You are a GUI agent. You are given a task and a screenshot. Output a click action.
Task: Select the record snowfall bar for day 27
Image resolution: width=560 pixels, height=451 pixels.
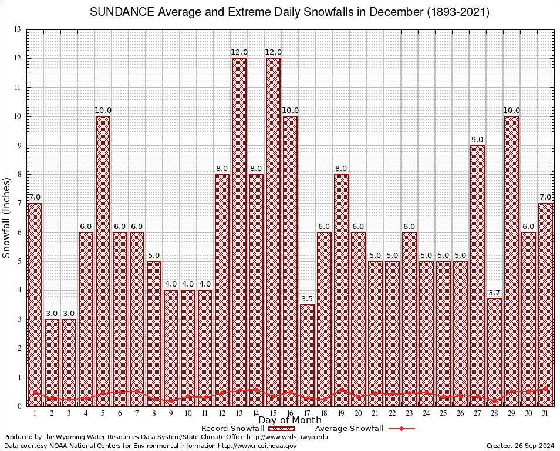click(x=477, y=275)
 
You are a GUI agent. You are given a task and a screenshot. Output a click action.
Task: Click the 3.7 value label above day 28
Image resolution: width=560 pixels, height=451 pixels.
click(x=494, y=293)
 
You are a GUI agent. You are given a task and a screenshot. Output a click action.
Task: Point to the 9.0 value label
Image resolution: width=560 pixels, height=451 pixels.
click(x=477, y=140)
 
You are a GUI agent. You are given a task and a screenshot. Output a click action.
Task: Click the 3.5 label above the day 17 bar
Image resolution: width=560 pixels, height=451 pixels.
click(x=307, y=299)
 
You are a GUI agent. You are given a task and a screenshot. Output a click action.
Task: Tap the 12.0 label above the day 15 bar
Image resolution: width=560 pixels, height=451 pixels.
click(x=273, y=52)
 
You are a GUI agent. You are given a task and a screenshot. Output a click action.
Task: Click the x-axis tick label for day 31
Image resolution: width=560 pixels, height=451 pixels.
click(x=545, y=413)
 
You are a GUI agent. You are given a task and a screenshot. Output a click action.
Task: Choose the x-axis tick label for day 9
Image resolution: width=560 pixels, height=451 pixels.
click(x=171, y=413)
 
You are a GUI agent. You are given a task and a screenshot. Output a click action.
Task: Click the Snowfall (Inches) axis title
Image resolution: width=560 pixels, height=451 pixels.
click(x=7, y=217)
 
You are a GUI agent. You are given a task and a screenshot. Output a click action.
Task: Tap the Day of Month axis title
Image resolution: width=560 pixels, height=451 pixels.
click(x=290, y=420)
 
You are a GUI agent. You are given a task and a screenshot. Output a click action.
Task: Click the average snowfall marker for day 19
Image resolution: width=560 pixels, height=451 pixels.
click(x=341, y=389)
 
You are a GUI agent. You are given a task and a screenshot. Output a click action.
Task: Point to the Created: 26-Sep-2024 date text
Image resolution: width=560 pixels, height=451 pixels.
click(x=521, y=446)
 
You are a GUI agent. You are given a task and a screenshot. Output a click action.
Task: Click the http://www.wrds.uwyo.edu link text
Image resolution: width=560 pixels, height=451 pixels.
click(x=287, y=437)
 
